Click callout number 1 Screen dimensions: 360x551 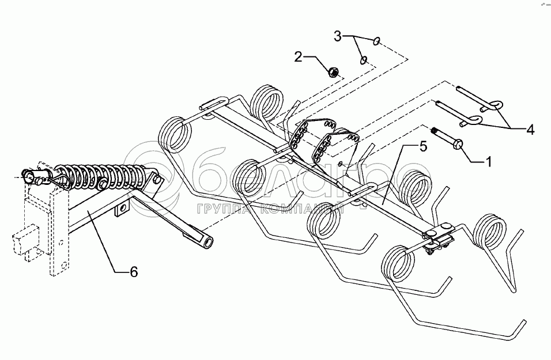(x=489, y=162)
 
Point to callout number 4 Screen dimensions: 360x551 (x=530, y=131)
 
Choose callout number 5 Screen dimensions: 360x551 (x=423, y=147)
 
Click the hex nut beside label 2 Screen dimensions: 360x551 (x=333, y=73)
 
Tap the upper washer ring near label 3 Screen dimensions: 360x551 (x=376, y=41)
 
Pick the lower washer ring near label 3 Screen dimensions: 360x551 (x=364, y=59)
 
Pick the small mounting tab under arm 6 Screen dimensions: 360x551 (x=122, y=210)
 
